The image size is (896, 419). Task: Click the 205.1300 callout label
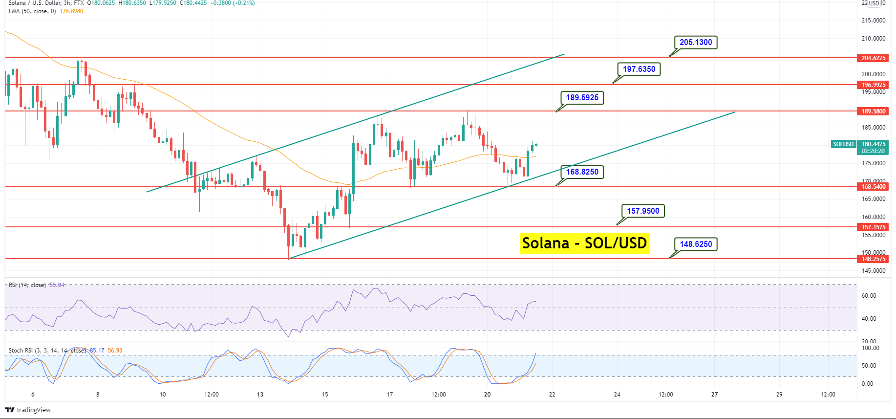pos(696,43)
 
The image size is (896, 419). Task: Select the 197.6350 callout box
pos(639,69)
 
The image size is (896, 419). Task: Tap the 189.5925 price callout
pos(582,98)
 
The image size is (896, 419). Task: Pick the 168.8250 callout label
pos(582,172)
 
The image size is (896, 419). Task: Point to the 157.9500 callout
pos(643,211)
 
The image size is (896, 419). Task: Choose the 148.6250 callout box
pos(696,244)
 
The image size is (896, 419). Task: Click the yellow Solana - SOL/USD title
pos(584,243)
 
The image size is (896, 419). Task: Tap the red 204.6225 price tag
pos(873,58)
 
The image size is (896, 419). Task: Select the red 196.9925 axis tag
pos(873,85)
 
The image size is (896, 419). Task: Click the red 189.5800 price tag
pos(873,111)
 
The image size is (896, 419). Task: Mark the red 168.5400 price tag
pos(873,187)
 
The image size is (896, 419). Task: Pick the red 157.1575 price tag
pos(873,227)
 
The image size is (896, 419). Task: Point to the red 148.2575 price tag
pos(873,259)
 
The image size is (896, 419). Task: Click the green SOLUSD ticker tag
pos(843,144)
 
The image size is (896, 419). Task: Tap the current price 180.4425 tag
pos(873,144)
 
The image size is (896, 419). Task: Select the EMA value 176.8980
pos(71,11)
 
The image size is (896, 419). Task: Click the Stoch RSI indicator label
pos(47,351)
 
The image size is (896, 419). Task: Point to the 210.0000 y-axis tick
pos(873,39)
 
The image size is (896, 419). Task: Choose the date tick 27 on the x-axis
pos(714,395)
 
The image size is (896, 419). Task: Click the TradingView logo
pos(28,410)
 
